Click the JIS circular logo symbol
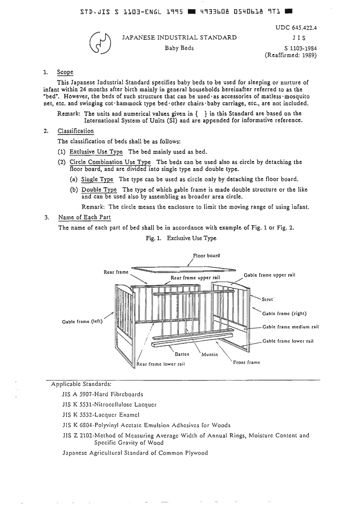[100, 42]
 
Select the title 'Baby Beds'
[179, 48]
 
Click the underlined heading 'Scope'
[65, 72]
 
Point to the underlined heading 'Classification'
[75, 131]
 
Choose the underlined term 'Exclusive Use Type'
[96, 152]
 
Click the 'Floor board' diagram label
[206, 256]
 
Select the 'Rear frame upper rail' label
[195, 278]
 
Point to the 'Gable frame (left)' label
[82, 322]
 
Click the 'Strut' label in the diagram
[268, 299]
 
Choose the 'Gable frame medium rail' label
[290, 327]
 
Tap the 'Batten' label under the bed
[182, 354]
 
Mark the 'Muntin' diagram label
[210, 355]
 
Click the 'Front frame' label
[246, 363]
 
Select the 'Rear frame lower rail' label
[161, 364]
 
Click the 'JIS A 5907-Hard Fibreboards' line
[102, 394]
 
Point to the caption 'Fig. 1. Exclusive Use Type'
[181, 238]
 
